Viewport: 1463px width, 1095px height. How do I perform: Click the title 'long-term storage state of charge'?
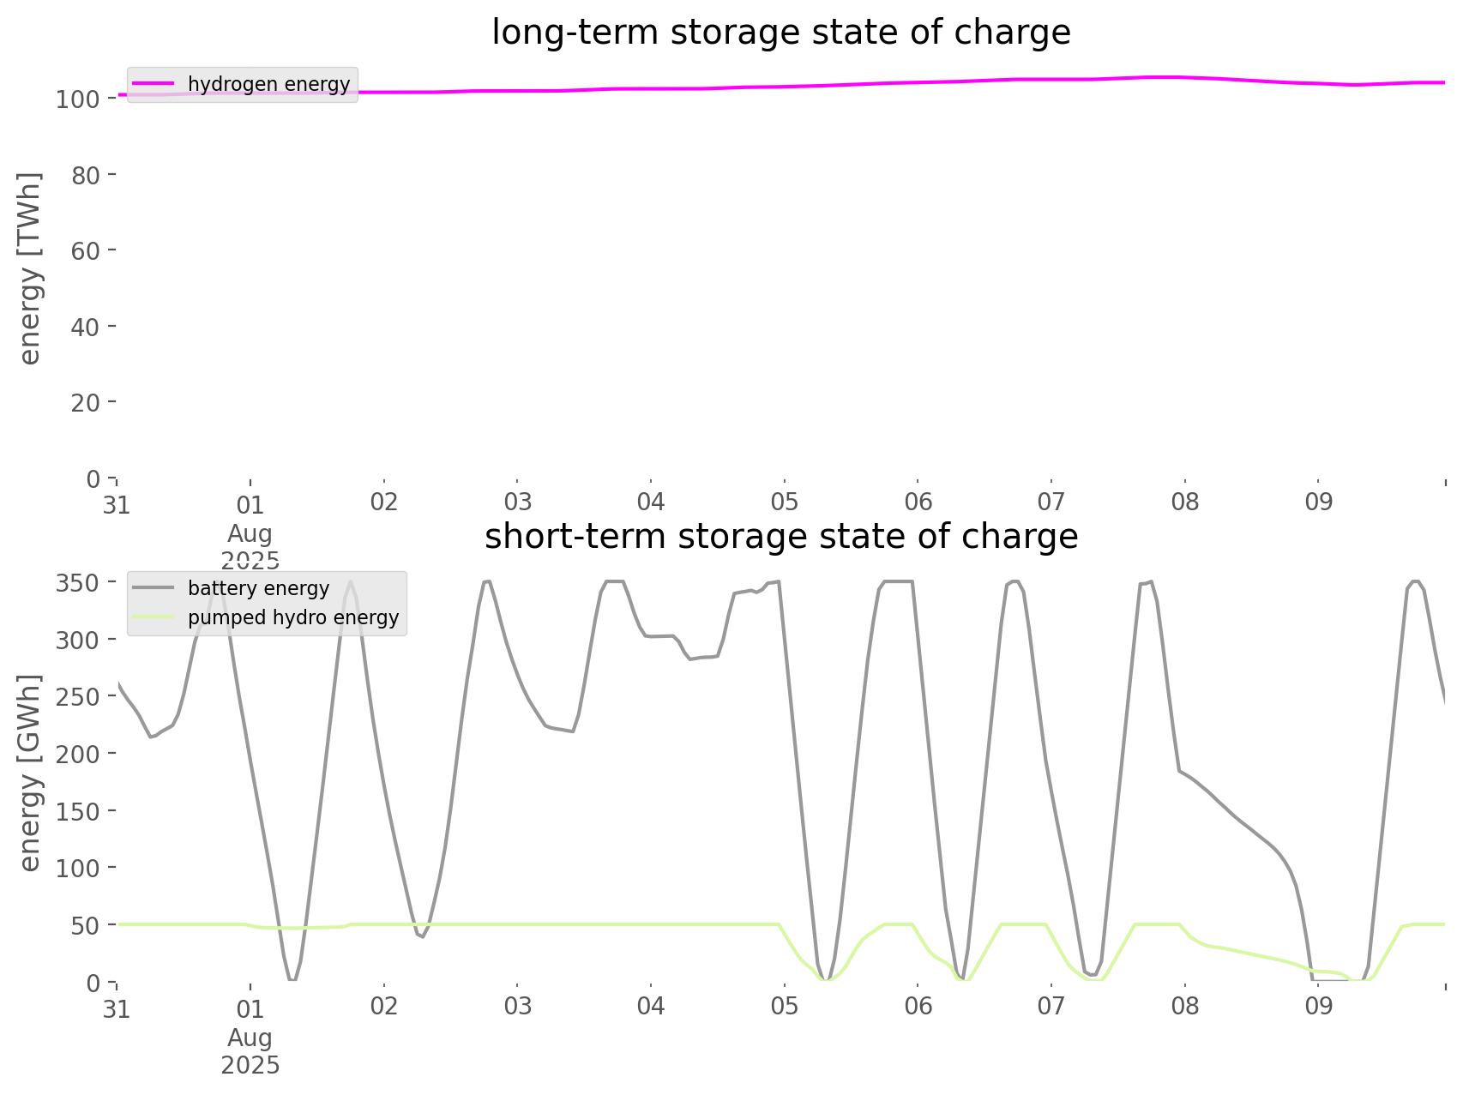(x=780, y=33)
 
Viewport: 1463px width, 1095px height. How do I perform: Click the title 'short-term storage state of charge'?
(x=780, y=537)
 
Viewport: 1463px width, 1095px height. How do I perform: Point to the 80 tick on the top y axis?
(x=87, y=175)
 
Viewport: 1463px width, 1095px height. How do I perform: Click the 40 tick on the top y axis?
(x=87, y=327)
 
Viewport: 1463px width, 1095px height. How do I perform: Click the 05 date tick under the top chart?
(x=784, y=502)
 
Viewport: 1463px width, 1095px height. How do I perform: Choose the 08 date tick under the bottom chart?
(x=1185, y=1007)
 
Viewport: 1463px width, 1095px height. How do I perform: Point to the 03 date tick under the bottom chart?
(x=517, y=1007)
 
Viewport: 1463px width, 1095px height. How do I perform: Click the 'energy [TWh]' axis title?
(x=30, y=268)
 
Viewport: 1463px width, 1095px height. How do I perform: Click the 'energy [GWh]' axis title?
(x=30, y=773)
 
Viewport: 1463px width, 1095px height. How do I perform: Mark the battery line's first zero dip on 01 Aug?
(x=292, y=979)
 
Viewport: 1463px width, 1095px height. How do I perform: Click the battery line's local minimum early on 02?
(x=422, y=936)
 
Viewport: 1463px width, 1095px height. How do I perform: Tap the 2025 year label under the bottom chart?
(x=250, y=1065)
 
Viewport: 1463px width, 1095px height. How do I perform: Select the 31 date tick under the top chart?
(x=117, y=504)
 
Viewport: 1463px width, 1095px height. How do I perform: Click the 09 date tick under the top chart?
(x=1319, y=502)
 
